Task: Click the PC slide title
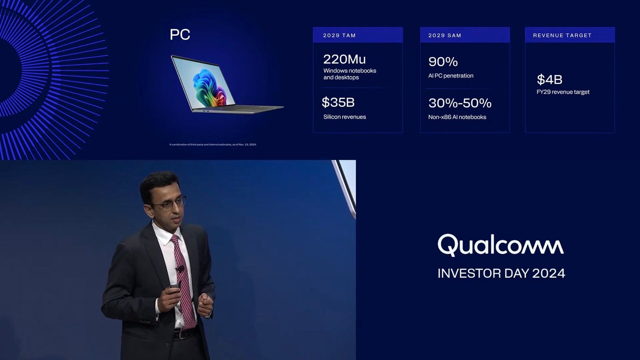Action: pyautogui.click(x=180, y=34)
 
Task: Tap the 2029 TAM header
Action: pyautogui.click(x=339, y=35)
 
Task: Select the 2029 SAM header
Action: pyautogui.click(x=445, y=35)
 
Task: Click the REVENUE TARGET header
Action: pyautogui.click(x=562, y=35)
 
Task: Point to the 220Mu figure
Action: pyautogui.click(x=344, y=59)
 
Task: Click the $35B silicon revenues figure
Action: pyautogui.click(x=338, y=102)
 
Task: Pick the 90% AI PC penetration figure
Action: pyautogui.click(x=443, y=62)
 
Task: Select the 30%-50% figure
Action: pyautogui.click(x=460, y=103)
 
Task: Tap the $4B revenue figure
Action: pyautogui.click(x=549, y=80)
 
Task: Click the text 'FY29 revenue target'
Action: pyautogui.click(x=563, y=92)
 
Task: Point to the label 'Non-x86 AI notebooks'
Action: pyautogui.click(x=457, y=117)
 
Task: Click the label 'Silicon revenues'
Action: pyautogui.click(x=345, y=117)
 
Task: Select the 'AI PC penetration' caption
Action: pyautogui.click(x=451, y=76)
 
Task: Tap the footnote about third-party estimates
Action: pyautogui.click(x=213, y=145)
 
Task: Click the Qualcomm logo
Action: pyautogui.click(x=501, y=245)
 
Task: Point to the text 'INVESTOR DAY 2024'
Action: pyautogui.click(x=501, y=273)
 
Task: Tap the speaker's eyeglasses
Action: pyautogui.click(x=170, y=204)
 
